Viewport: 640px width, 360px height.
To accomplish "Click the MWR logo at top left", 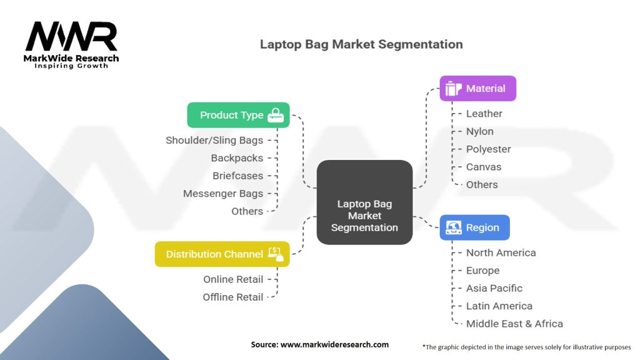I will point(72,42).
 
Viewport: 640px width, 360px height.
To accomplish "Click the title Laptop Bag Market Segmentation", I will point(361,44).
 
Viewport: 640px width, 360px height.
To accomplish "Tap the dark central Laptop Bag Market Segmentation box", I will point(364,202).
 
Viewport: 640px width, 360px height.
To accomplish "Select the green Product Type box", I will point(238,115).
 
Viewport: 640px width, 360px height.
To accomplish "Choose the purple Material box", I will point(477,89).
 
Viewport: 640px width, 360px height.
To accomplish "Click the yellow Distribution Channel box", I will point(222,254).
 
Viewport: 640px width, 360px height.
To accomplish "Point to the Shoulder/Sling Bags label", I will point(214,140).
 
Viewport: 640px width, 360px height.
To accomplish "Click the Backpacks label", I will point(237,158).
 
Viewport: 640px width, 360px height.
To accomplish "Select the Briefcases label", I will point(237,176).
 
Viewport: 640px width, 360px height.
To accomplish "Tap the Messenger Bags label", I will point(223,194).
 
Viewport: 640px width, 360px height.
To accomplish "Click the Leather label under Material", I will point(484,114).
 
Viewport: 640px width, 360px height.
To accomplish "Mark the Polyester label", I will point(489,149).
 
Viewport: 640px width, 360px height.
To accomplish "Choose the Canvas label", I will point(484,167).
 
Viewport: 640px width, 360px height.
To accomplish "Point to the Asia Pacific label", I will point(494,288).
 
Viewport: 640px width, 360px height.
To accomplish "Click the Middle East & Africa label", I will point(514,324).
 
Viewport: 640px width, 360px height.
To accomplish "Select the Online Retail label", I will point(233,279).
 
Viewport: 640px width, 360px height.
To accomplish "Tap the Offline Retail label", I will point(233,297).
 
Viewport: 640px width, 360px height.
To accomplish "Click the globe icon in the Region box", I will point(453,228).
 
